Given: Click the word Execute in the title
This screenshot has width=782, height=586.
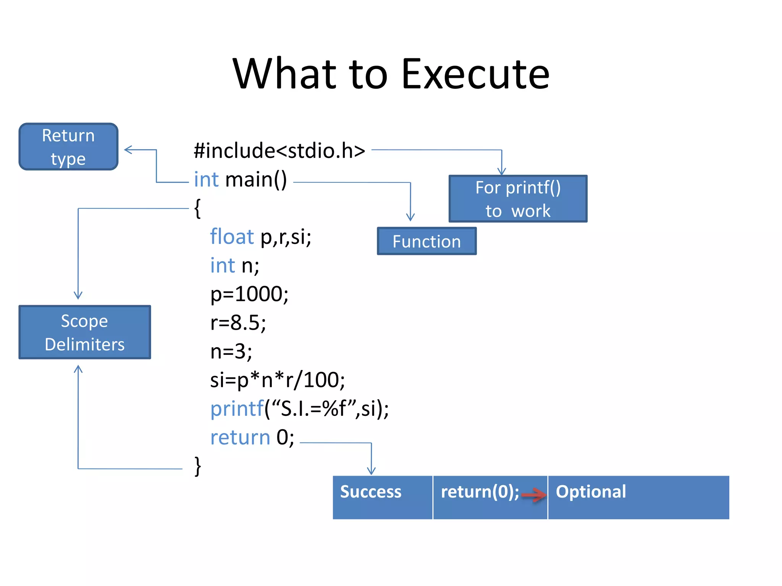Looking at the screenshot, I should (x=475, y=74).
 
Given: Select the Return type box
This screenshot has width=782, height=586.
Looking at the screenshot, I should (x=68, y=147).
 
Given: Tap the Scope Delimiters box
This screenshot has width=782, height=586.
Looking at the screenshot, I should (x=84, y=332).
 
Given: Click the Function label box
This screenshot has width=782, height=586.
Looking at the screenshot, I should (x=427, y=241).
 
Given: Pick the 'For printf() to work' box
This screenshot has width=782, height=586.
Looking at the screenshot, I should (x=518, y=199).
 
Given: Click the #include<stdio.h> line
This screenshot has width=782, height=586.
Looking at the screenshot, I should (x=279, y=151).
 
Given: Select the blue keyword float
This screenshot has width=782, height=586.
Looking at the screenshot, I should (x=232, y=237).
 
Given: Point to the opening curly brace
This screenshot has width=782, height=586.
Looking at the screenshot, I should (x=197, y=208).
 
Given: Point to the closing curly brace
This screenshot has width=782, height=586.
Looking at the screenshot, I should (x=197, y=466).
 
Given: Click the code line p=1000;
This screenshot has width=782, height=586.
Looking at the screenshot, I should (x=249, y=294).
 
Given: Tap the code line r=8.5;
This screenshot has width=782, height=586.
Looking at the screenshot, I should (x=238, y=323).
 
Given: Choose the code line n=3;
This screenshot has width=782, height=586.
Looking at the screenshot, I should (x=231, y=351).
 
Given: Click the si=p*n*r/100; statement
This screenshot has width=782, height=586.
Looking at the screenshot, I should (x=277, y=380).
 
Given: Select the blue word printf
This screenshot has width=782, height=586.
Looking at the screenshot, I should (x=237, y=409).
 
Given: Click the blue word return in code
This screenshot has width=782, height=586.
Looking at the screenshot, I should (x=240, y=437).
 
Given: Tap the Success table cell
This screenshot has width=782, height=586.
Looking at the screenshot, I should (x=382, y=497).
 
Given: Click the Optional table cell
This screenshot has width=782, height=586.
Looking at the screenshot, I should (x=638, y=497).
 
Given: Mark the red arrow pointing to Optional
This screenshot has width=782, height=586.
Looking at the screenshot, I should (x=534, y=495).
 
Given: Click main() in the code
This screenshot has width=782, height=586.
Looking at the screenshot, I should (x=256, y=180).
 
